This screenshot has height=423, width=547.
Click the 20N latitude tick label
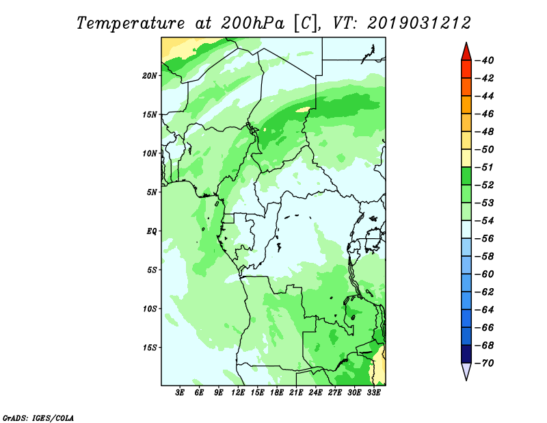click(150, 76)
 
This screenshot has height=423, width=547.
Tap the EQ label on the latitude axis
click(152, 231)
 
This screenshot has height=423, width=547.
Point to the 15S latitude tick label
click(150, 348)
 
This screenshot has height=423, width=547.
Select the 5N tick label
click(152, 192)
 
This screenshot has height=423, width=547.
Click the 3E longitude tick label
click(180, 392)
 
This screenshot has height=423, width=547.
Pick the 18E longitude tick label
click(277, 392)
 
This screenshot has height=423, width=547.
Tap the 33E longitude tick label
click(373, 392)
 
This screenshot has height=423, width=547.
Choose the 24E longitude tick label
click(315, 392)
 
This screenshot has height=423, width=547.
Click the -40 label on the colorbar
click(485, 60)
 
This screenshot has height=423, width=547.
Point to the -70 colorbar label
click(485, 363)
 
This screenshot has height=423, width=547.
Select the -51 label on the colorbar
click(485, 167)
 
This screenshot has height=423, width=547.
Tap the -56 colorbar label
click(485, 239)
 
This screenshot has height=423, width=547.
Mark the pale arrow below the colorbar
click(466, 371)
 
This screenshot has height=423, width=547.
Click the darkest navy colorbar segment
click(466, 354)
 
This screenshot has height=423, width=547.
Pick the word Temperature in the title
click(131, 23)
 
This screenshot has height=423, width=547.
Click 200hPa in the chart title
click(252, 23)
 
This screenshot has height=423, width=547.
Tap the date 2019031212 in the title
click(419, 23)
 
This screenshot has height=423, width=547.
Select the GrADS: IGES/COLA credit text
click(38, 418)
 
